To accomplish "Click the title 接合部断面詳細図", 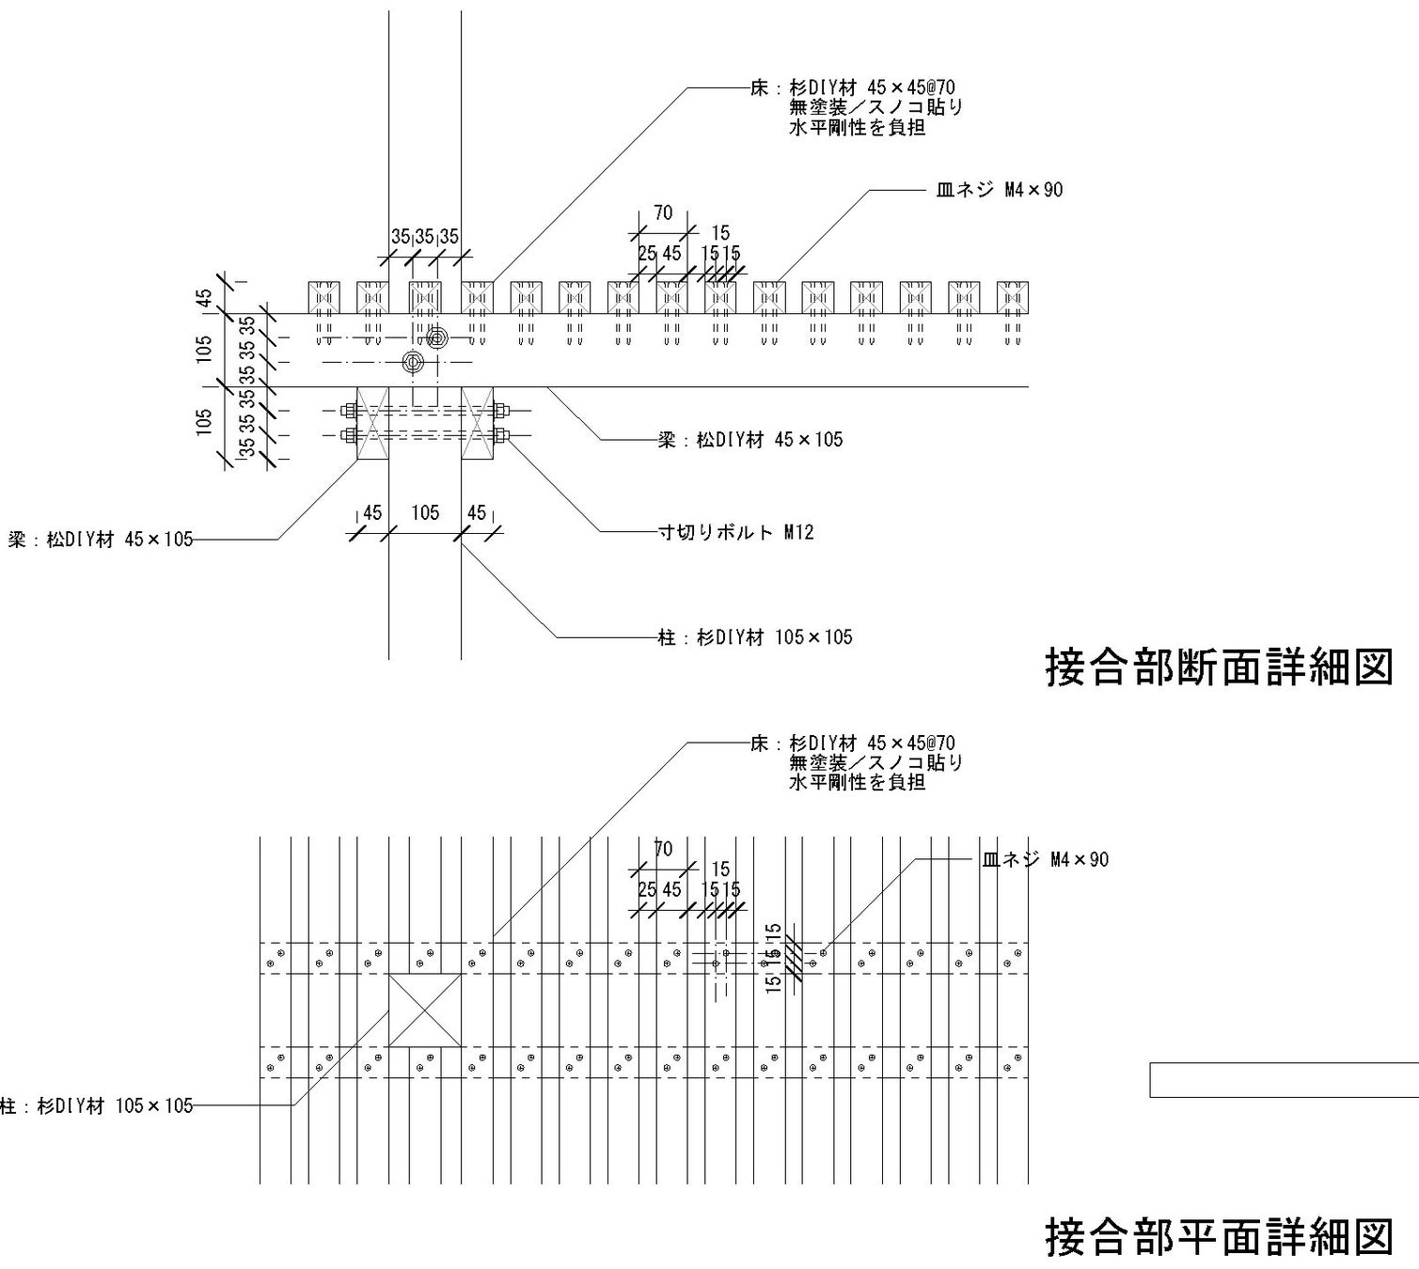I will [1218, 666].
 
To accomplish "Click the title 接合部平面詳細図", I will [1218, 1236].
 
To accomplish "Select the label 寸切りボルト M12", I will [735, 533].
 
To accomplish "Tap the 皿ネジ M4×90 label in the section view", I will [999, 190].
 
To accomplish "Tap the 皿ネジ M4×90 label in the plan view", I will [1045, 859].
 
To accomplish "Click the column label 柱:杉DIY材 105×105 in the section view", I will [755, 637].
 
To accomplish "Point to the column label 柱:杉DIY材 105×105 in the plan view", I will [96, 1105].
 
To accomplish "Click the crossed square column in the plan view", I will [425, 1010].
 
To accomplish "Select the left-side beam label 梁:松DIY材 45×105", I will [100, 540].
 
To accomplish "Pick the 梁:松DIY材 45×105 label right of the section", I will [750, 439].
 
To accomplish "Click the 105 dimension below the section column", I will [425, 512].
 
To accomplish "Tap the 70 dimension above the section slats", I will [663, 213].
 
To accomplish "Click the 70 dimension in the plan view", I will [663, 849].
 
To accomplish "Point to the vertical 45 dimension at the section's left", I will [204, 297].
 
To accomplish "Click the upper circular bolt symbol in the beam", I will [436, 337].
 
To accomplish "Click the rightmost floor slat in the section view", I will [1012, 297].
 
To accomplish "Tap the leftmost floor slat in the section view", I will [324, 297].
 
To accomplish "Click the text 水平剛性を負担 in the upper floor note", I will [857, 128].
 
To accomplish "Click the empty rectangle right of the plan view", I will [1284, 1079].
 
